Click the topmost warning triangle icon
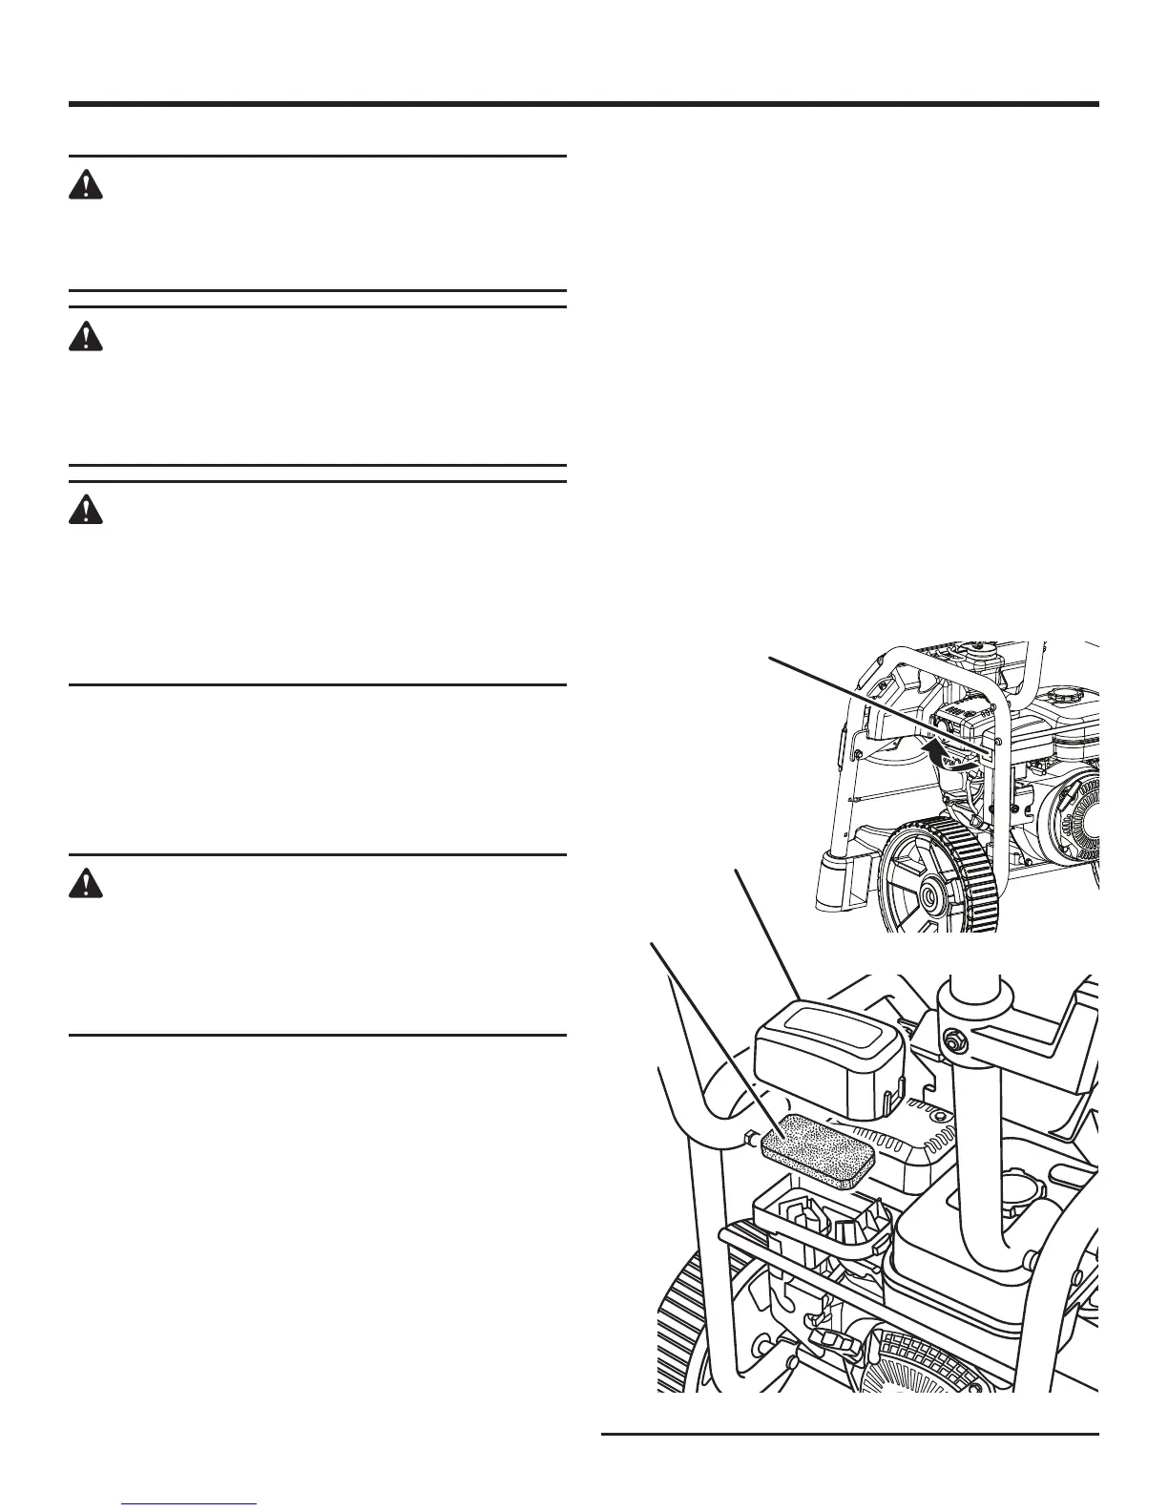coord(86,185)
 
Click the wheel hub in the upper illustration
coord(926,898)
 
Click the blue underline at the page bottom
coord(190,1504)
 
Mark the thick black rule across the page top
coord(583,104)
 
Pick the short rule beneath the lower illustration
coord(850,1434)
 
